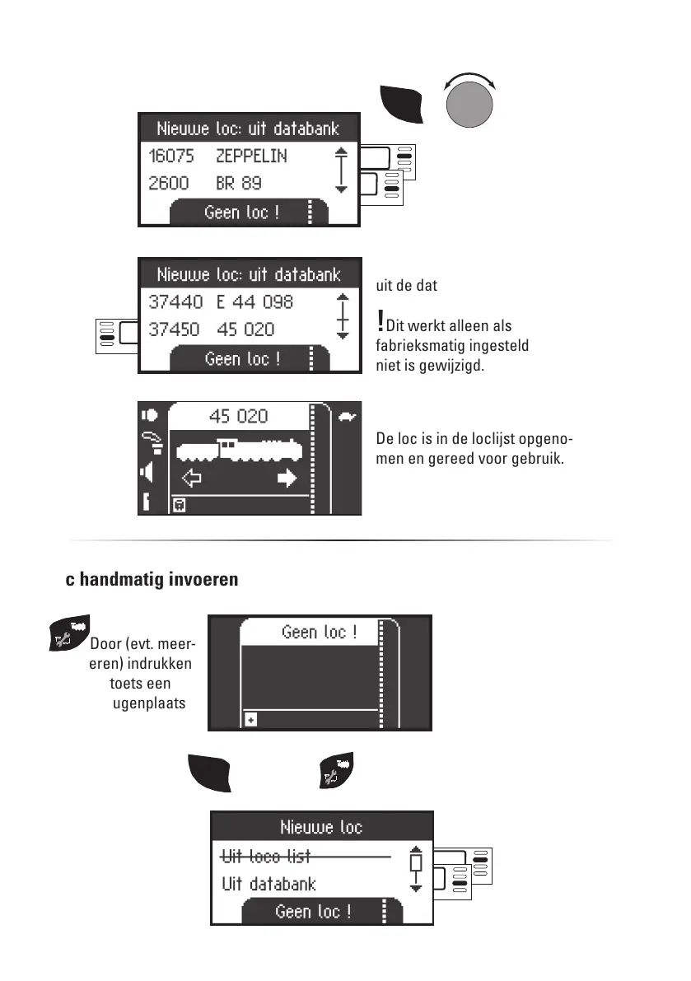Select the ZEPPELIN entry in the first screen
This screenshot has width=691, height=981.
pyautogui.click(x=251, y=156)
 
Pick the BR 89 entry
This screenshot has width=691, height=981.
pyautogui.click(x=239, y=183)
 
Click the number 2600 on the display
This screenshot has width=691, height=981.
pyautogui.click(x=169, y=183)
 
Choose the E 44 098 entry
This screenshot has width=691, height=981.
pyautogui.click(x=254, y=302)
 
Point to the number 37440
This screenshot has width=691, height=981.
pyautogui.click(x=175, y=302)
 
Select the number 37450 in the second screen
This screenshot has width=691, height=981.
pyautogui.click(x=175, y=329)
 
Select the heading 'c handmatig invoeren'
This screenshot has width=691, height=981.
pyautogui.click(x=152, y=580)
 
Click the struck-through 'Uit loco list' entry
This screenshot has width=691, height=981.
pyautogui.click(x=266, y=857)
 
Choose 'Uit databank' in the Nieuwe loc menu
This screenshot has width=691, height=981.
pyautogui.click(x=268, y=885)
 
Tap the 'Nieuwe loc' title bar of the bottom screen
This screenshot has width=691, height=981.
pyautogui.click(x=321, y=827)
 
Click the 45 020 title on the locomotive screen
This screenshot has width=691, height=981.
pyautogui.click(x=239, y=416)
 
